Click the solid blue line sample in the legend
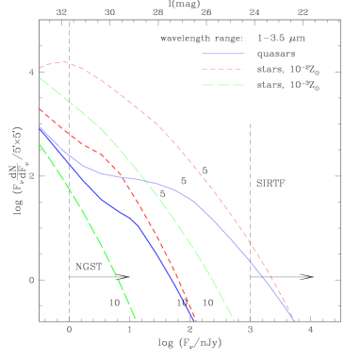coord(222,54)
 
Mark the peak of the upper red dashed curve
coord(61,63)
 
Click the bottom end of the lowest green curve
coord(136,319)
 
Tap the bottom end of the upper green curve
coord(234,319)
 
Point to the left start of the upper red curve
coord(40,69)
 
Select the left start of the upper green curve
coord(40,78)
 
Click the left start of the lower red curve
coord(40,109)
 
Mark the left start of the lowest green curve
coord(40,143)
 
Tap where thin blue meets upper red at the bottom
coord(293,319)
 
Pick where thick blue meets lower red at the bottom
coord(194,319)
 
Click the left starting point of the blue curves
coord(40,127)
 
